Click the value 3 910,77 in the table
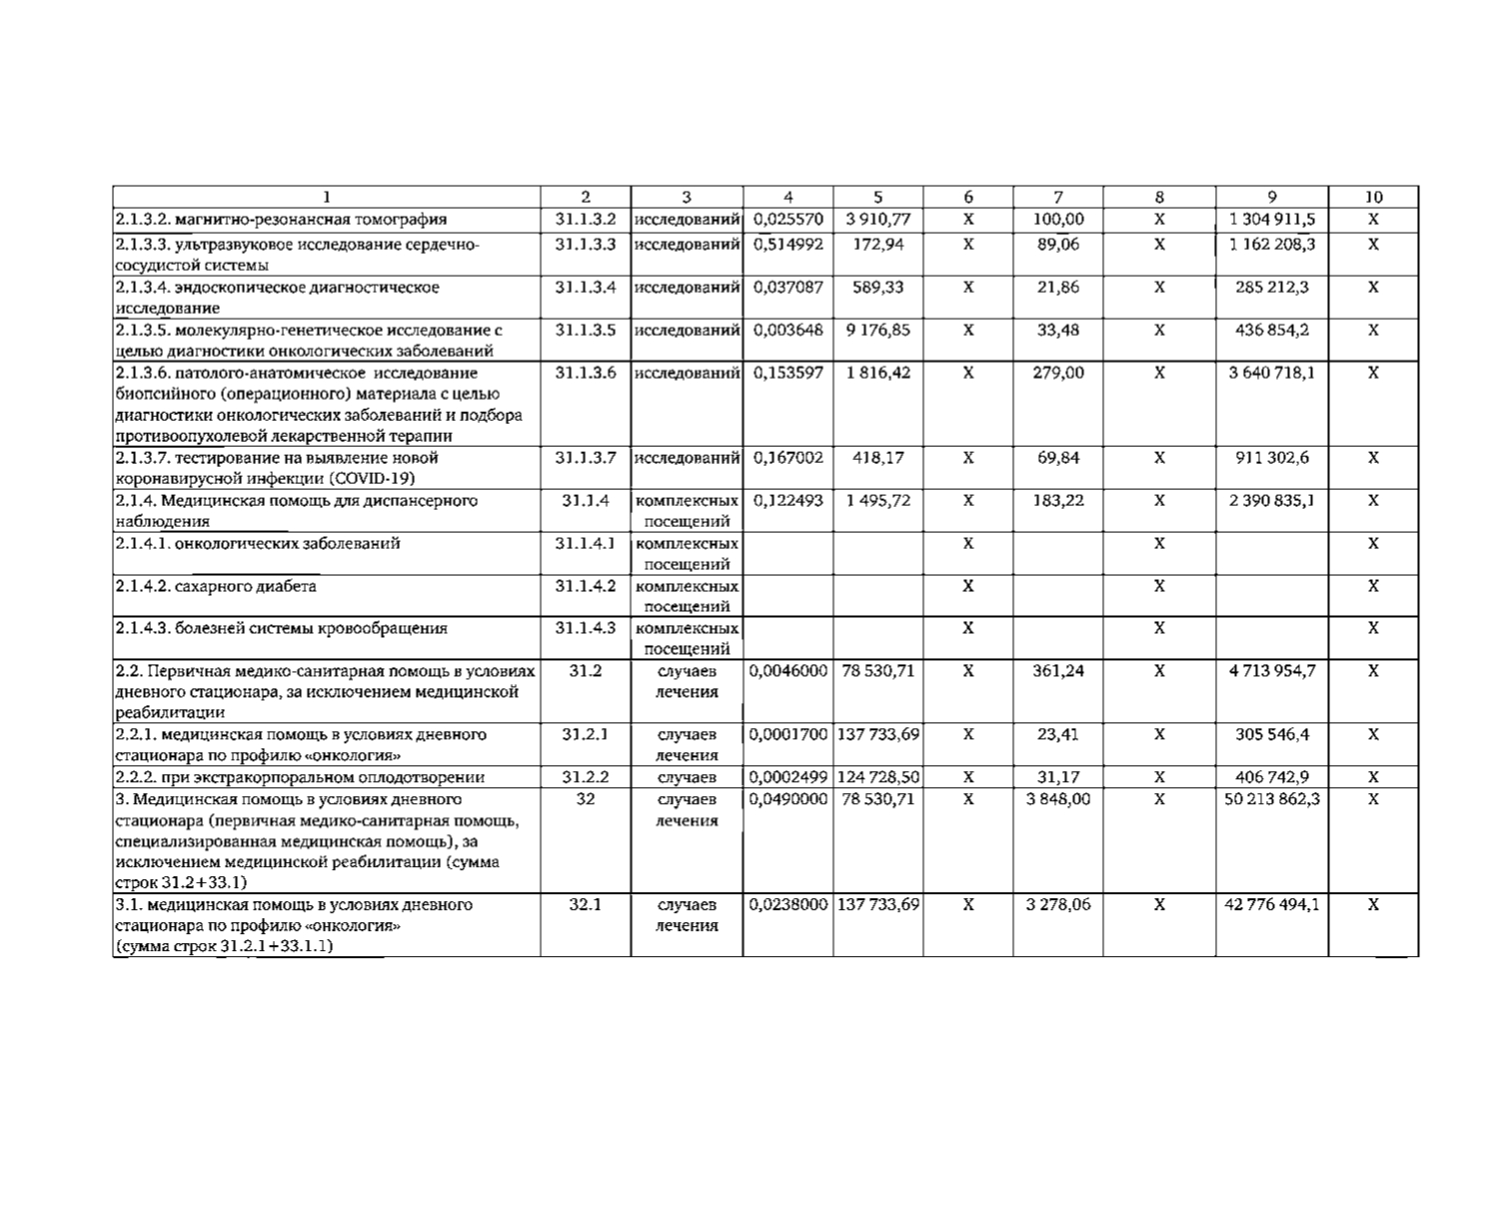coord(877,219)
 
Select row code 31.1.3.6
coord(586,373)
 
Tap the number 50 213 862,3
coord(1271,799)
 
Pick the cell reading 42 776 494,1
coord(1271,904)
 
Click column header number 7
coord(1057,197)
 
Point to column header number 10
coord(1373,197)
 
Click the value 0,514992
coord(787,244)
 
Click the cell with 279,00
coord(1057,373)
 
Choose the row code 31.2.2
coord(586,777)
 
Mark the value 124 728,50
coord(877,777)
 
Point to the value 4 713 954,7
coord(1271,671)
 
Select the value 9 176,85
coord(877,330)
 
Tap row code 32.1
coord(586,904)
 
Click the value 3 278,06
coord(1057,904)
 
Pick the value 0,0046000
coord(787,671)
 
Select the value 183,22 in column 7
coord(1057,501)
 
